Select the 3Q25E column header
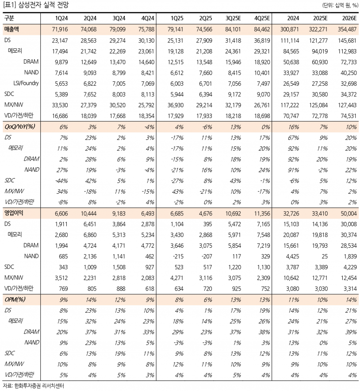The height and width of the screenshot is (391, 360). [234, 18]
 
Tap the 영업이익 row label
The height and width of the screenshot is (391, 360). [14, 213]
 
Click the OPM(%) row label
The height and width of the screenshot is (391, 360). [15, 299]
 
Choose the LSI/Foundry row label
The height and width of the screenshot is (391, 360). [26, 83]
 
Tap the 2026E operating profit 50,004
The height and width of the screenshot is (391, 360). [345, 213]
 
